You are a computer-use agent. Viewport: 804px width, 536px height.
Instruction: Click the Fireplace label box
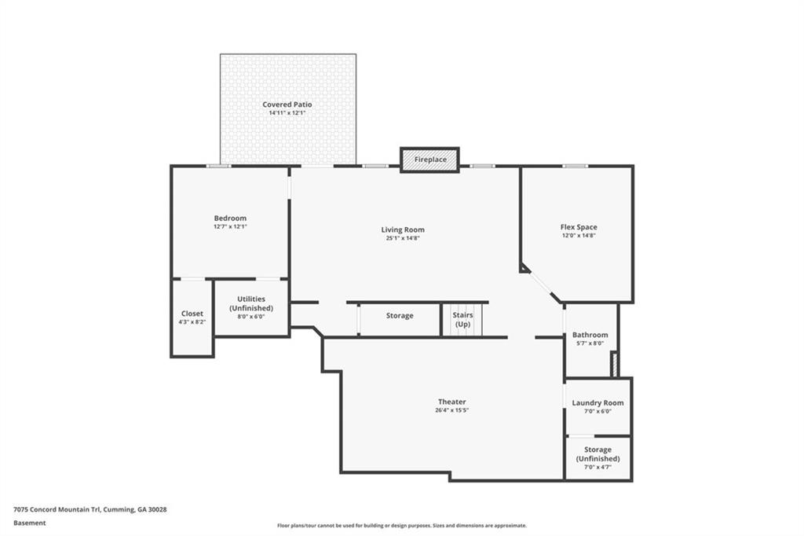[429, 160]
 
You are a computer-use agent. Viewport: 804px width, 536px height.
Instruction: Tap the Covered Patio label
[287, 105]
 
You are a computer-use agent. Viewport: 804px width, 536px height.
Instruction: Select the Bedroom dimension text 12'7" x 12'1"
[230, 226]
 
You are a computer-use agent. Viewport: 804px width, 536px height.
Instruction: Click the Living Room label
[403, 229]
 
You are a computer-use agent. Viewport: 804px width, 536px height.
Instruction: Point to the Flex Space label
[579, 227]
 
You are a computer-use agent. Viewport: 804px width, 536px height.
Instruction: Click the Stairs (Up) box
[462, 320]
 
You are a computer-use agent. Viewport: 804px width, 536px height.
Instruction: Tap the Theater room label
[451, 402]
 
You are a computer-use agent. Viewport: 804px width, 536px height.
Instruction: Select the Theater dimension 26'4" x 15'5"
[451, 411]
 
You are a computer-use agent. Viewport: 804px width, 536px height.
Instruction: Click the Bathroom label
[590, 335]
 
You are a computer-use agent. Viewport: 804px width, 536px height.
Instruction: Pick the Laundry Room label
[598, 402]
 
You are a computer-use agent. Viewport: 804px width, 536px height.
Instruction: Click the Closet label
[192, 314]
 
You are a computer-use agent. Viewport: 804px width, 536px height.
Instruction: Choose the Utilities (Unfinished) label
[251, 303]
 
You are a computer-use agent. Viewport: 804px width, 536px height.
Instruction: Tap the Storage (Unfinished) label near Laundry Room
[598, 454]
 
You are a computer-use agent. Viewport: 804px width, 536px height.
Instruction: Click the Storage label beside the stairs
[400, 316]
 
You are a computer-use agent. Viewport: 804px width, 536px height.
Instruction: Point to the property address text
[90, 509]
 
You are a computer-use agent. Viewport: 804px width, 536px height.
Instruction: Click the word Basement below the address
[30, 523]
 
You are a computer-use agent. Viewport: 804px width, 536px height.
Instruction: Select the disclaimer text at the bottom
[401, 526]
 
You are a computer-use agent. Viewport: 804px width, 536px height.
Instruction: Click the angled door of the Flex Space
[540, 284]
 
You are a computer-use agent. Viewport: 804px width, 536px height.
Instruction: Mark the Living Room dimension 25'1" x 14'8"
[403, 238]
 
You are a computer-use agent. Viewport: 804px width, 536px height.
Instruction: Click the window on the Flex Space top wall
[576, 166]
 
